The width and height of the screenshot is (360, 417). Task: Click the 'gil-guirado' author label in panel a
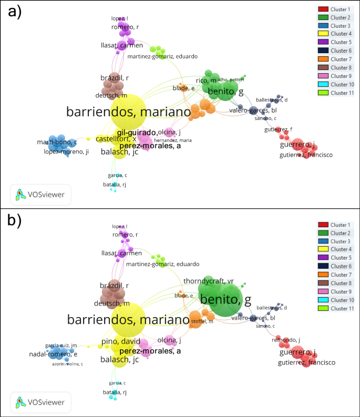[137, 133]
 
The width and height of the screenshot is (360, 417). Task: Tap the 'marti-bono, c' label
[57, 142]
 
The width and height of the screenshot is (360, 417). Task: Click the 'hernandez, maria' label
[173, 140]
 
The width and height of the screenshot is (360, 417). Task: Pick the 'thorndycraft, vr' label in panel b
[208, 281]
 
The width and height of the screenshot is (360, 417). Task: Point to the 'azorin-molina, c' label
[67, 363]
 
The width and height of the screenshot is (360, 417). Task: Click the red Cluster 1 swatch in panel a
[323, 9]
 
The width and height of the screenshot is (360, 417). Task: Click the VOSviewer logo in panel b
[41, 402]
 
